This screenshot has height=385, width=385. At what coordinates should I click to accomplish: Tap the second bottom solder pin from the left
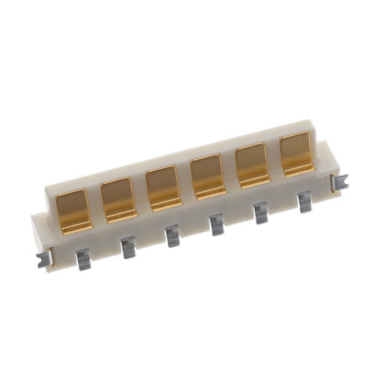pos(127,247)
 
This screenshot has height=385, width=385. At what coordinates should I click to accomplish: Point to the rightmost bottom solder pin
pos(304,201)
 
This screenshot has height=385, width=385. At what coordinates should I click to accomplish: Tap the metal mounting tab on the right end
pos(340,180)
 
